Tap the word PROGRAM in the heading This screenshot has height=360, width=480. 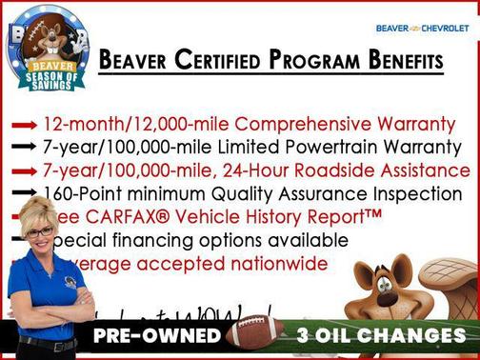317,62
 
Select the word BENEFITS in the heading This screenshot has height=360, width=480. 406,62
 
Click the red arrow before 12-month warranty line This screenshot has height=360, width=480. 26,125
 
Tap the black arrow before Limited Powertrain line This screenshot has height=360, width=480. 26,148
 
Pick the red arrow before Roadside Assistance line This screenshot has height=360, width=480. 26,170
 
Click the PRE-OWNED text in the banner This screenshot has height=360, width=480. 156,336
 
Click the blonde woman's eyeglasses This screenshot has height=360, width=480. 41,231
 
